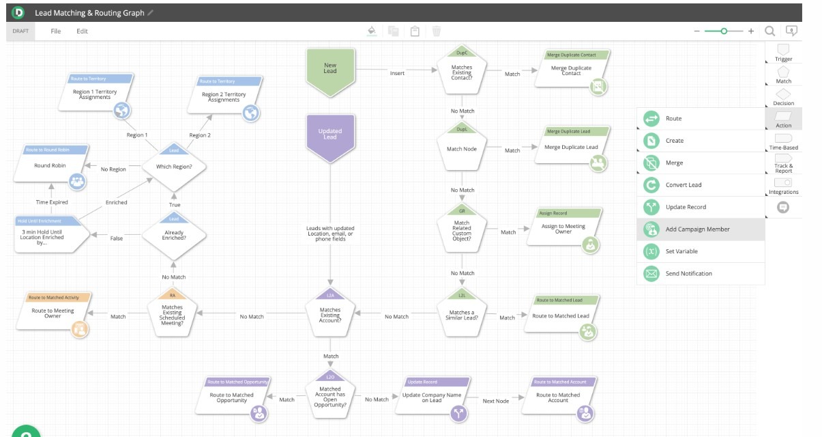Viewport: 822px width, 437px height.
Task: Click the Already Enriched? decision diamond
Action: pyautogui.click(x=173, y=236)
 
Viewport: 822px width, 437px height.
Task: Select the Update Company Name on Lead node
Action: pyautogui.click(x=432, y=397)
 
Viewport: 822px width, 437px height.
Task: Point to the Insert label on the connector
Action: pyautogui.click(x=397, y=73)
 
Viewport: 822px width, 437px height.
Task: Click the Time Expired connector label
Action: pyautogui.click(x=53, y=202)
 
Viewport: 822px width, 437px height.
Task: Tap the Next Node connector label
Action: pyautogui.click(x=496, y=401)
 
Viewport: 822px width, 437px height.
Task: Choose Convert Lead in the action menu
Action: pyautogui.click(x=684, y=185)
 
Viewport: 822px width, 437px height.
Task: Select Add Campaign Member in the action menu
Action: pyautogui.click(x=697, y=229)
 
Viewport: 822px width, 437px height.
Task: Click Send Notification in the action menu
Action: pyautogui.click(x=688, y=274)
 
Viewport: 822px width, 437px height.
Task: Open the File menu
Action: pyautogui.click(x=56, y=31)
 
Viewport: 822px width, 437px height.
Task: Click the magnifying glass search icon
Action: pyautogui.click(x=769, y=31)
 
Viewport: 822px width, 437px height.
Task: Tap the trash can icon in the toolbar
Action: pyautogui.click(x=437, y=31)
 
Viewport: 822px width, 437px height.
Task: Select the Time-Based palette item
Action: pyautogui.click(x=784, y=141)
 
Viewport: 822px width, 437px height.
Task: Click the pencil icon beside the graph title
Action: pyautogui.click(x=151, y=13)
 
